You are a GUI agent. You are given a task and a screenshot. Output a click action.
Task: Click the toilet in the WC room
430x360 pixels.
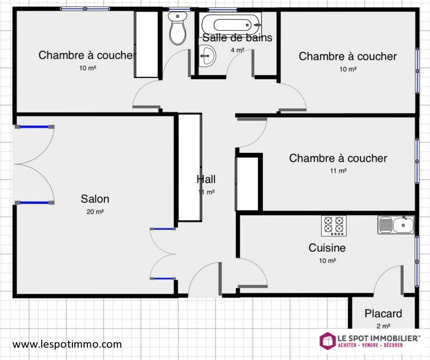178,28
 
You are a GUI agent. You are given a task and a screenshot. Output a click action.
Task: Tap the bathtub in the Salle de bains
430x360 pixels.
232,25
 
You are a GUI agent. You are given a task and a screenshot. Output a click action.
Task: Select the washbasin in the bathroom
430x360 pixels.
207,56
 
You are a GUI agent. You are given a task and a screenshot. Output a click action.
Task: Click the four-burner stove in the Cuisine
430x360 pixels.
334,225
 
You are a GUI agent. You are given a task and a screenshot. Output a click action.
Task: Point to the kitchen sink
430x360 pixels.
396,225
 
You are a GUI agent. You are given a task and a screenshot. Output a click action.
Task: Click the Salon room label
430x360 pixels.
95,199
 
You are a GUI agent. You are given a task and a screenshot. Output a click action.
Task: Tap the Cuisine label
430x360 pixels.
327,248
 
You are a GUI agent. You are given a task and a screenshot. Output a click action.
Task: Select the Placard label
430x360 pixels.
383,313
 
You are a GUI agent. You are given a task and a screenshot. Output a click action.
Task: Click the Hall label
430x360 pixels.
206,179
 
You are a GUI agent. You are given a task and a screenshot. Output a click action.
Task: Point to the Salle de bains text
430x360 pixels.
237,37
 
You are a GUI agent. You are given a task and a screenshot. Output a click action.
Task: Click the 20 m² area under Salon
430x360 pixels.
95,212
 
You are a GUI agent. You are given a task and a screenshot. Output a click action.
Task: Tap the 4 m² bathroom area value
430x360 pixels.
237,50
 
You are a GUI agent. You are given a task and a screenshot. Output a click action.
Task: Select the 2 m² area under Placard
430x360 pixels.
383,326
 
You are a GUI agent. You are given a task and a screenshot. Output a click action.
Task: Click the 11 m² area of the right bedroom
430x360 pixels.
338,171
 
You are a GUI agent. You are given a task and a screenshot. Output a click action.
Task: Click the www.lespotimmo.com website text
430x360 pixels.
67,344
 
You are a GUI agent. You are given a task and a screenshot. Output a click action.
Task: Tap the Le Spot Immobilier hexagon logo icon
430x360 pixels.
327,341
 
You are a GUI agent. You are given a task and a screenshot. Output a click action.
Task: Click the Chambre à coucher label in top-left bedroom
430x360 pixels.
87,55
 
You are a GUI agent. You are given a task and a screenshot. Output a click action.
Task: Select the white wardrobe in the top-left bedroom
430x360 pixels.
146,44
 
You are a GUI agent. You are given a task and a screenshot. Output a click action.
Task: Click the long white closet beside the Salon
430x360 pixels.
190,167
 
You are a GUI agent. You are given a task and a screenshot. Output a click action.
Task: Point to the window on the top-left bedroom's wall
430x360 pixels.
85,9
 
